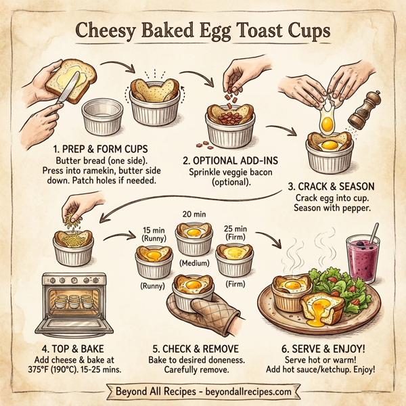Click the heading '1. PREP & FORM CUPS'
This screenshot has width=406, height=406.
pyautogui.click(x=99, y=147)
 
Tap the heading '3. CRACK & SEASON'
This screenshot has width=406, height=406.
pyautogui.click(x=330, y=187)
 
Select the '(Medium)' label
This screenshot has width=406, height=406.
pyautogui.click(x=194, y=261)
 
